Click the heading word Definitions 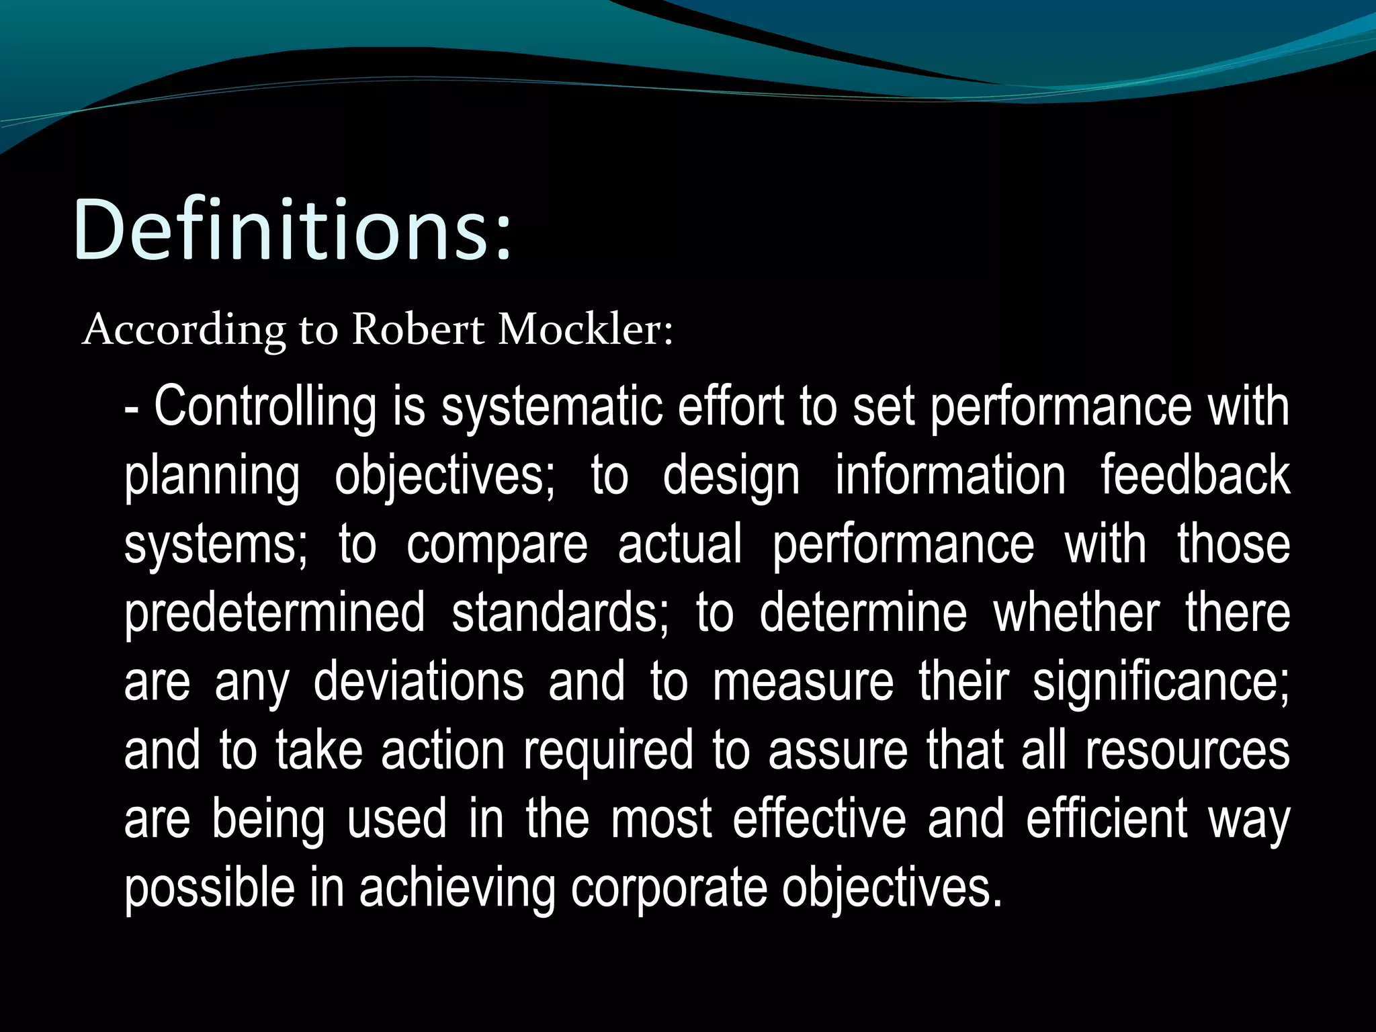(292, 230)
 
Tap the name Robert (418, 330)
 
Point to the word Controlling (265, 406)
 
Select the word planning (212, 477)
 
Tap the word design (731, 477)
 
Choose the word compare (497, 546)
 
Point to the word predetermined (274, 614)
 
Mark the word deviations (419, 681)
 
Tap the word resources (1187, 751)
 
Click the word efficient (1107, 818)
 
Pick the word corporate (669, 888)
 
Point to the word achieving (457, 888)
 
